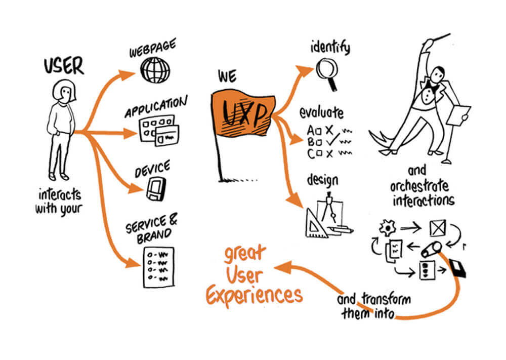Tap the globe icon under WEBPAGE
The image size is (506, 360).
pyautogui.click(x=155, y=70)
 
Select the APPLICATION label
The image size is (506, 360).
pyautogui.click(x=156, y=107)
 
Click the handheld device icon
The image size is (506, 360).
pyautogui.click(x=156, y=189)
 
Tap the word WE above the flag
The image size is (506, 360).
pyautogui.click(x=227, y=76)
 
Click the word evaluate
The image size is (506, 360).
pyautogui.click(x=321, y=113)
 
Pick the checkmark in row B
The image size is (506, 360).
pyautogui.click(x=332, y=140)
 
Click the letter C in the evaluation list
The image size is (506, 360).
pyautogui.click(x=311, y=154)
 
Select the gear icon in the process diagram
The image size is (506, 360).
pyautogui.click(x=387, y=228)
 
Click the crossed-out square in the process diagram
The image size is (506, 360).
pyautogui.click(x=438, y=228)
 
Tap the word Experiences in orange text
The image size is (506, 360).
pyautogui.click(x=255, y=295)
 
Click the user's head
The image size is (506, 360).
pyautogui.click(x=65, y=91)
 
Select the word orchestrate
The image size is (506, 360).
pyautogui.click(x=419, y=186)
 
